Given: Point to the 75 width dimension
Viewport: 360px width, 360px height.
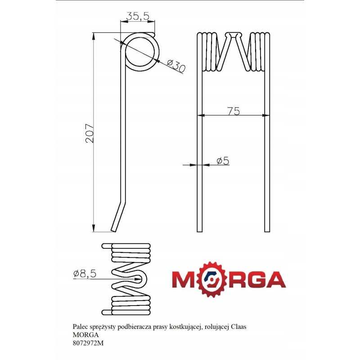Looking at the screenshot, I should pyautogui.click(x=233, y=111).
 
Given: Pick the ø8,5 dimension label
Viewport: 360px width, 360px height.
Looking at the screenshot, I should pyautogui.click(x=84, y=274).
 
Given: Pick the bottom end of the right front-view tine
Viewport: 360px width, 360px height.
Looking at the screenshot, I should pyautogui.click(x=267, y=229).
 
